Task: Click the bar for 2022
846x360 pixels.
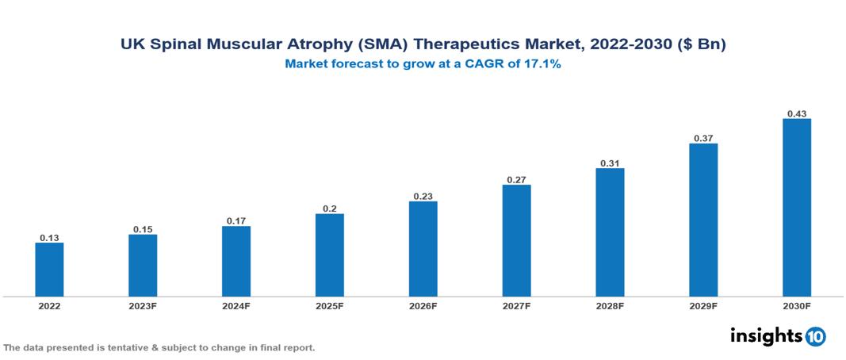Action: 49,270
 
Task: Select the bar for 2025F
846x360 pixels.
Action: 329,255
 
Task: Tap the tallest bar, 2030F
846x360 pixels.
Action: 797,208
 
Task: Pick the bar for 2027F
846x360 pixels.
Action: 516,241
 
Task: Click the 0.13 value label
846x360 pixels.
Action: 49,237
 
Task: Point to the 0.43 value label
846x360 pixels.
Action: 797,113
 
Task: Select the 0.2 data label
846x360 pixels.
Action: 329,209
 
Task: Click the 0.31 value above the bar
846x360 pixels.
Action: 610,163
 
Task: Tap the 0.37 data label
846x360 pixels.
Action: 703,138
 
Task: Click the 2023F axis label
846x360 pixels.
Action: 143,306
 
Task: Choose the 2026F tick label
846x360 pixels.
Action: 423,306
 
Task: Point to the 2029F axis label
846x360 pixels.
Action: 703,306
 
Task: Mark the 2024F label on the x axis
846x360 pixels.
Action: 236,306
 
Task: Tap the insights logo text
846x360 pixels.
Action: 765,335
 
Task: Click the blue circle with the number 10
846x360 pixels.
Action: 815,336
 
